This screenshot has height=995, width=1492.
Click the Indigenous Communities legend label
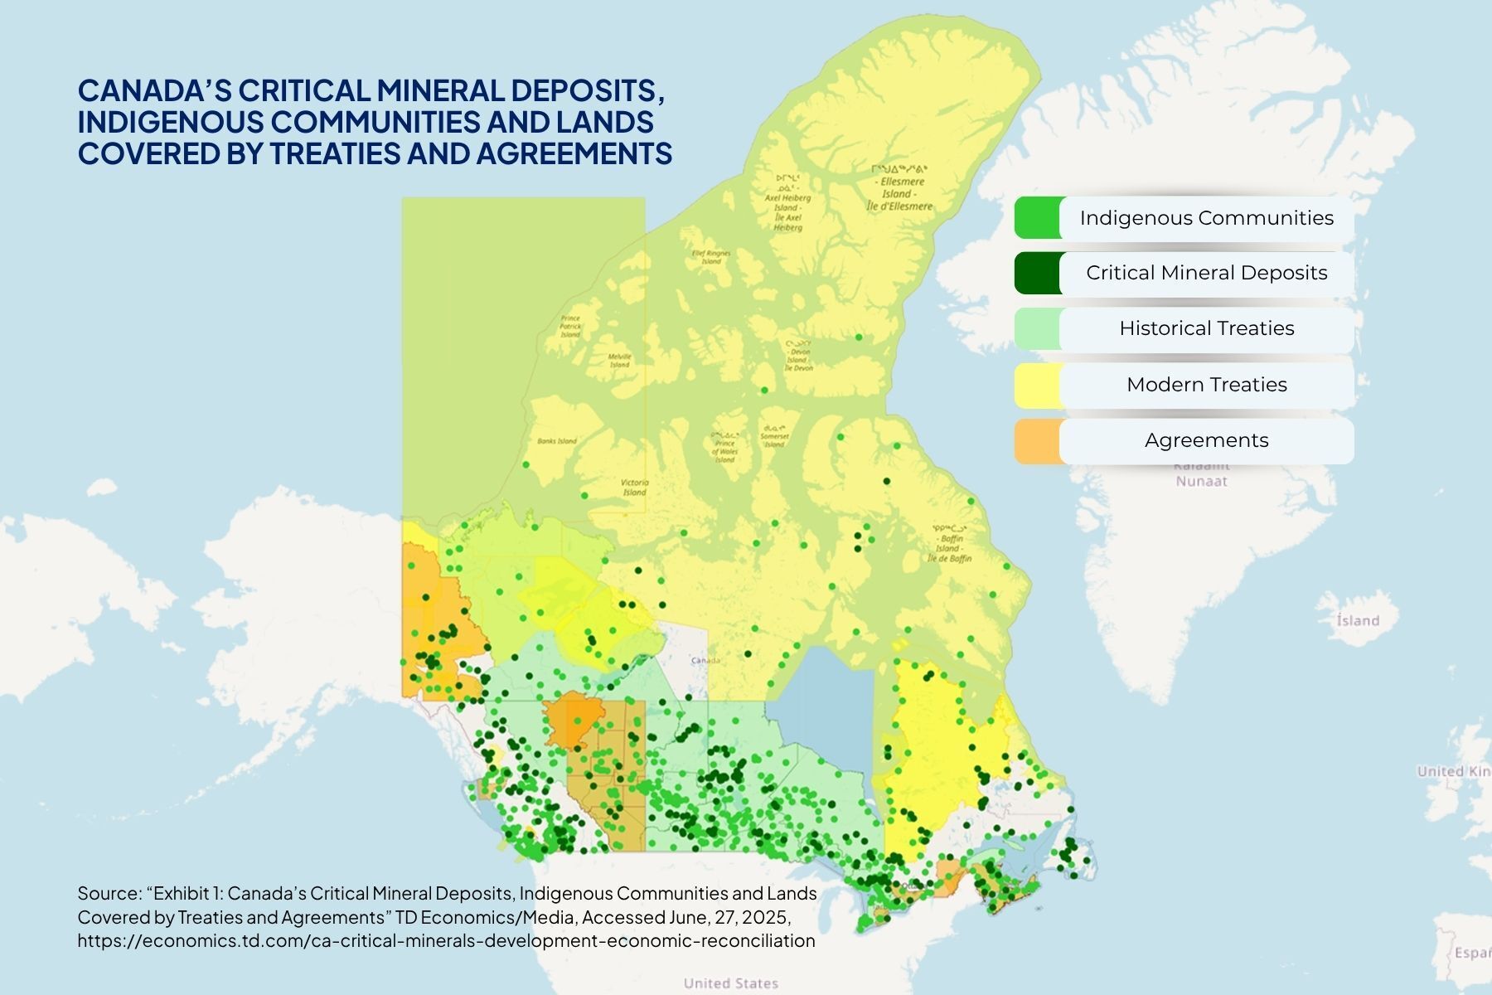point(1206,218)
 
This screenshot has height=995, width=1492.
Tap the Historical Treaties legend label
point(1206,328)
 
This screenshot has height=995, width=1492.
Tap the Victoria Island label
point(635,487)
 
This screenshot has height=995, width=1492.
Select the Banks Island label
point(557,441)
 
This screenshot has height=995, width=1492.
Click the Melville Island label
point(620,360)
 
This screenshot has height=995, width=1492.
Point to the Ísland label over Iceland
point(1358,620)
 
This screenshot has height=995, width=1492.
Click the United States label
point(730,983)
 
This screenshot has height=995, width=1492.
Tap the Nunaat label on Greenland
point(1201,481)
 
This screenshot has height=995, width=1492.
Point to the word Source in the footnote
point(109,893)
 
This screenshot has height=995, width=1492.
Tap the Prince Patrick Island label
point(570,326)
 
